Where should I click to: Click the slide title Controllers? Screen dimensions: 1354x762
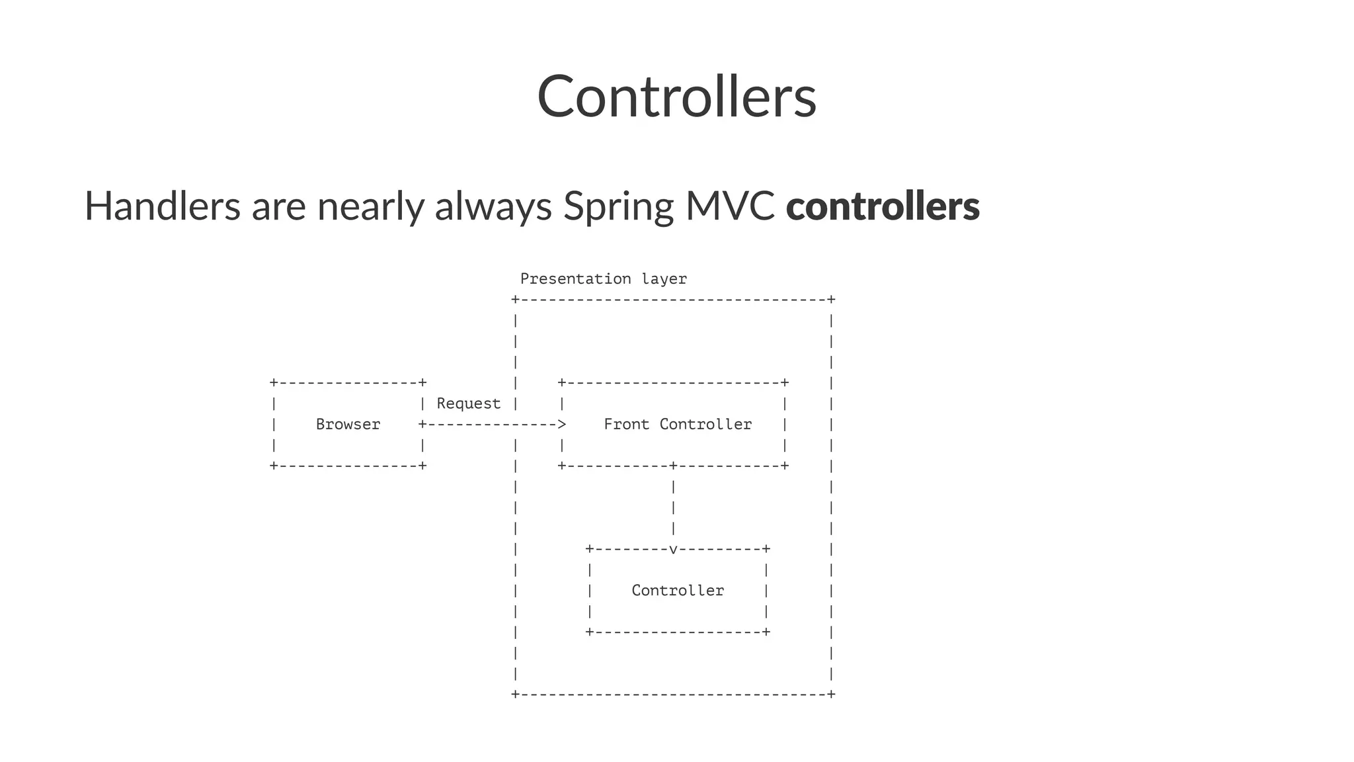(x=676, y=97)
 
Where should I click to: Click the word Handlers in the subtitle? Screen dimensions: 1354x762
(x=162, y=206)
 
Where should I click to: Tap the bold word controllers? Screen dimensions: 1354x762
(x=882, y=206)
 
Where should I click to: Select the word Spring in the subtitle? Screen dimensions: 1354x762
(x=617, y=207)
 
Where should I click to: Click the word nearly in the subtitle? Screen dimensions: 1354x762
(x=370, y=207)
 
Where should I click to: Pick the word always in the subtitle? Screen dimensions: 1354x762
(x=493, y=207)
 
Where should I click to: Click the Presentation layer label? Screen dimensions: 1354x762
(x=603, y=279)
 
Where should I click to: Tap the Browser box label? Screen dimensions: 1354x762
(x=348, y=425)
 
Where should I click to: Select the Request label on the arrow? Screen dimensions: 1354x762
(x=468, y=403)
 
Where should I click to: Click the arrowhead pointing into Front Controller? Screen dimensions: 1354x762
(x=562, y=424)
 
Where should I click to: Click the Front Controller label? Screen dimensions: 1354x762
(x=678, y=425)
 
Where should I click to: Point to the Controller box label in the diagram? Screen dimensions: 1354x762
(x=678, y=591)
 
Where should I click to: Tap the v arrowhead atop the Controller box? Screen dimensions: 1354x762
(x=673, y=549)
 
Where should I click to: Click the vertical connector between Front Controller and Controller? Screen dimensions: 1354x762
(x=673, y=507)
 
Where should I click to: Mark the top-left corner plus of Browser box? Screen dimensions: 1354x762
(x=274, y=383)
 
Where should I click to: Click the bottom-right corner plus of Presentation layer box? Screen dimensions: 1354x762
(x=832, y=694)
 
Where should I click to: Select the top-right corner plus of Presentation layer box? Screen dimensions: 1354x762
(x=832, y=300)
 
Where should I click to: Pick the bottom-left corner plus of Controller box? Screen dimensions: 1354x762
(x=590, y=632)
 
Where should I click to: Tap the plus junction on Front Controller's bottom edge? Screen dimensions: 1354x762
(x=673, y=466)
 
